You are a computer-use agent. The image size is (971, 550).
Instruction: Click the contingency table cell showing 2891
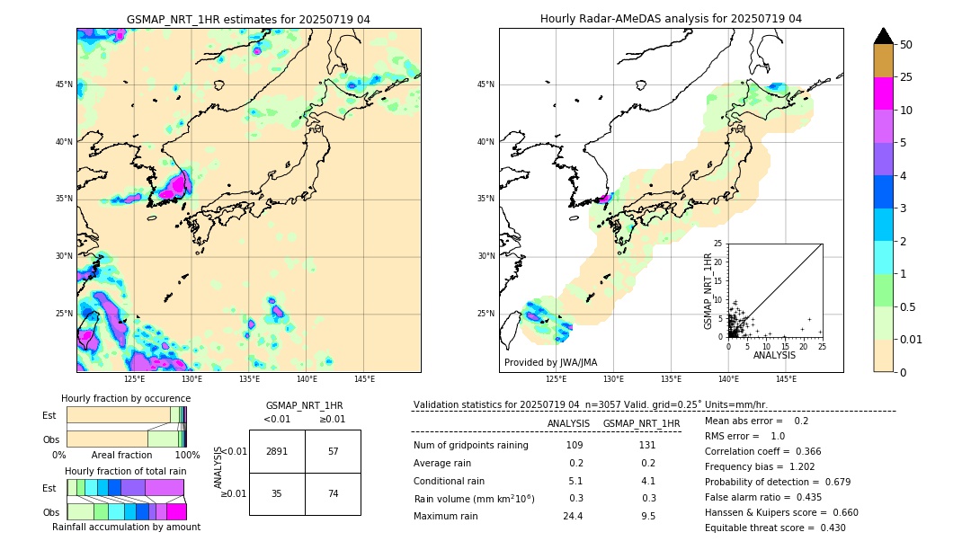[x=277, y=451]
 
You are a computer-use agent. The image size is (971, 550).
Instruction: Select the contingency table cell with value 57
[x=333, y=451]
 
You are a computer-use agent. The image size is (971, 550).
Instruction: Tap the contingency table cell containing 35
[x=277, y=493]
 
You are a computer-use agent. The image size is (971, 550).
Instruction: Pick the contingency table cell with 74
[x=333, y=493]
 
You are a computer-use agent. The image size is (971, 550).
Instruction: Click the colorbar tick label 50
[x=906, y=45]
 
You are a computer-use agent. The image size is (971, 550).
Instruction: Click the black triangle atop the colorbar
[x=884, y=36]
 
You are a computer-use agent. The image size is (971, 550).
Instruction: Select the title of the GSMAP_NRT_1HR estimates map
[x=248, y=19]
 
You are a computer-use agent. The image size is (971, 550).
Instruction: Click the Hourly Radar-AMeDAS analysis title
[x=671, y=19]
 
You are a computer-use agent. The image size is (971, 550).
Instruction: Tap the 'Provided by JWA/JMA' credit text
[x=550, y=362]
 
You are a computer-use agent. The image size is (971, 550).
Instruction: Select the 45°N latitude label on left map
[x=64, y=84]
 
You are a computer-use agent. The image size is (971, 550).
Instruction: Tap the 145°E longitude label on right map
[x=786, y=379]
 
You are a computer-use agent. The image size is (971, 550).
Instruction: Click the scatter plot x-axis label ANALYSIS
[x=775, y=355]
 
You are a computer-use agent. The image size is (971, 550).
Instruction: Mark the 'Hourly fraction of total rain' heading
[x=126, y=471]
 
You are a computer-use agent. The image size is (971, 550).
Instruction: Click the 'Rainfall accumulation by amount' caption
[x=126, y=527]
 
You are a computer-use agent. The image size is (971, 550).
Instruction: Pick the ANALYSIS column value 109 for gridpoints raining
[x=574, y=446]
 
